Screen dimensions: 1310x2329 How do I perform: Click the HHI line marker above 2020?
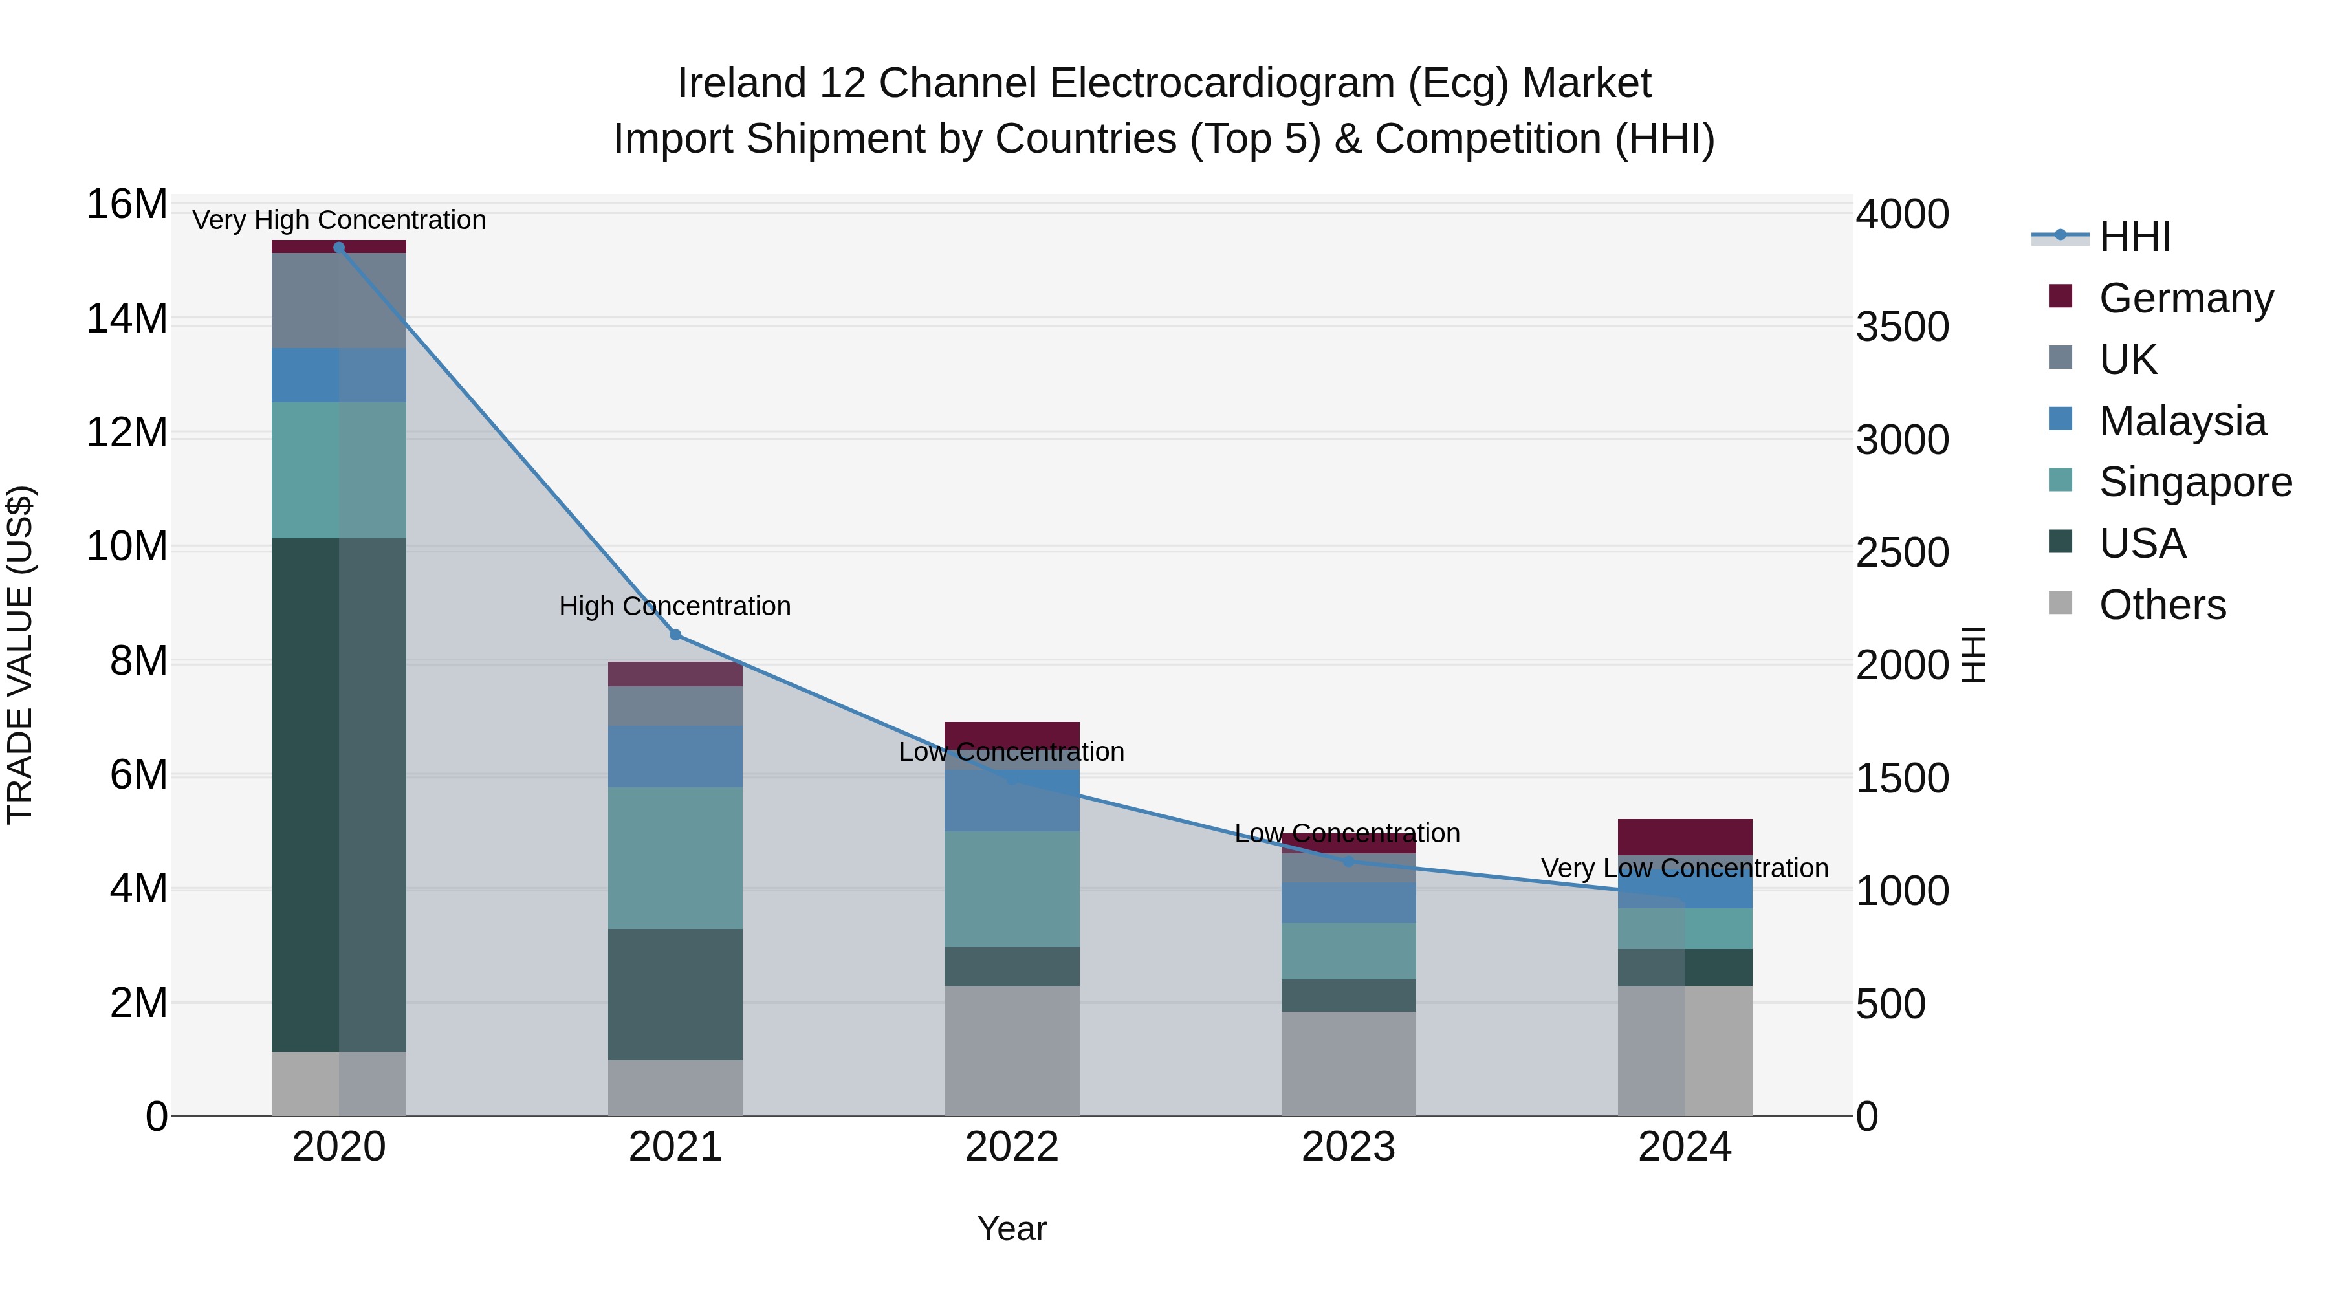pos(339,248)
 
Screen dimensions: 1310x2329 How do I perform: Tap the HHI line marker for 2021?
pos(675,635)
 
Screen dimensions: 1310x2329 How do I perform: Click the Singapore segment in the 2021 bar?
pos(675,857)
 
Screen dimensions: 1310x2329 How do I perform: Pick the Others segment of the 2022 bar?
pos(1012,1050)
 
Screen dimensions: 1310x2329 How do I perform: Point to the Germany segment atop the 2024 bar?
pos(1685,836)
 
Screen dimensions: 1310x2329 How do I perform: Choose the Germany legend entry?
pos(2185,298)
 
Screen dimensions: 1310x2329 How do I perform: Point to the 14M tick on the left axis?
pos(127,319)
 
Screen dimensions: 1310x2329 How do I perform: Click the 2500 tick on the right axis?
pos(1902,552)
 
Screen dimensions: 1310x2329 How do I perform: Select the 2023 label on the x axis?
pos(1348,1147)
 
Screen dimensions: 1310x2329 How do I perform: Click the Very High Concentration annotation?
pos(339,220)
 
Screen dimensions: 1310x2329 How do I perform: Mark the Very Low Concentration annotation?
pos(1685,868)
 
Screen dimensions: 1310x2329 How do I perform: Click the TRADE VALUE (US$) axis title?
pos(20,655)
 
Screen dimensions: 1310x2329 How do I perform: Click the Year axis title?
pos(1012,1228)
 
